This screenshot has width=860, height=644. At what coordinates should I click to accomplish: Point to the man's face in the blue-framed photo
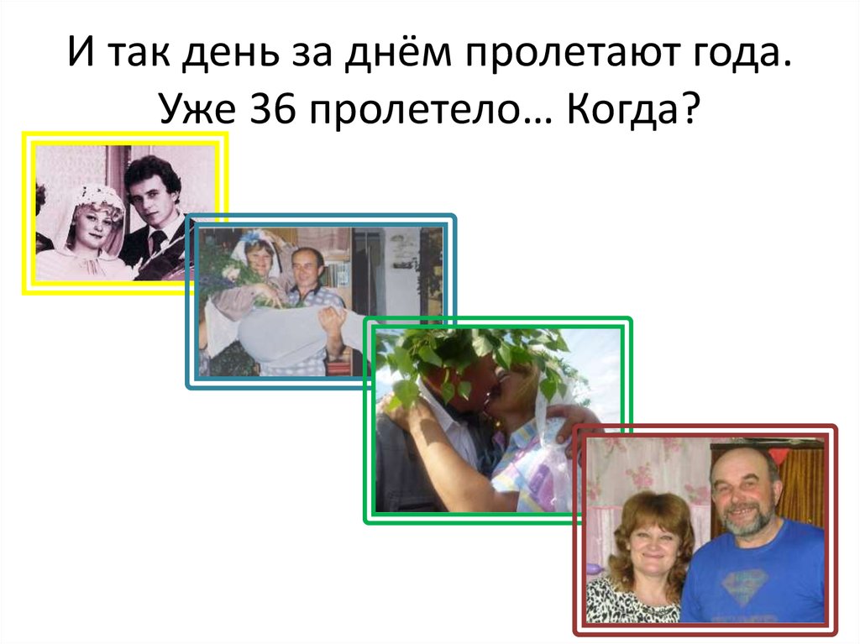(x=304, y=269)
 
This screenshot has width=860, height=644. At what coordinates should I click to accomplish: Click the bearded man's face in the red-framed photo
(x=743, y=491)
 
